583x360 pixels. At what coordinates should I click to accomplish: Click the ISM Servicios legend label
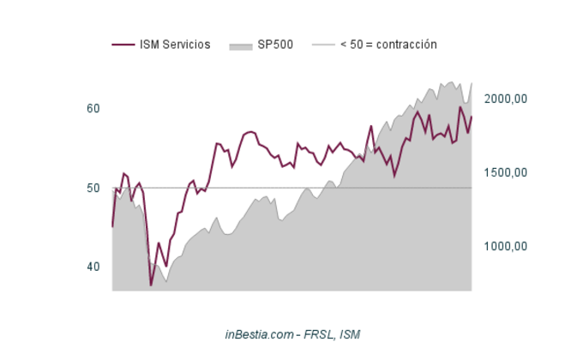coord(175,45)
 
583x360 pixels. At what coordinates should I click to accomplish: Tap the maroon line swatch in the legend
coord(123,45)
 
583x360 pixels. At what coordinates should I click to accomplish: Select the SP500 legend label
coord(274,45)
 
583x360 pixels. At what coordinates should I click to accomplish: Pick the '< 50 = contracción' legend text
coord(388,45)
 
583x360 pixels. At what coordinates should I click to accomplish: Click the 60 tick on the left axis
coord(93,109)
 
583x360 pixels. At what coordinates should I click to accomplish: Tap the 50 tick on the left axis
coord(93,188)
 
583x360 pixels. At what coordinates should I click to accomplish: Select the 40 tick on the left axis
coord(93,267)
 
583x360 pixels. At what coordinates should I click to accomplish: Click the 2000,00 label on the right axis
coord(505,99)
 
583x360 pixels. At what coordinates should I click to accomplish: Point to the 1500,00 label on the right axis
coord(505,172)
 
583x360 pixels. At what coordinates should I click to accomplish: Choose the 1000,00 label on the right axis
coord(505,247)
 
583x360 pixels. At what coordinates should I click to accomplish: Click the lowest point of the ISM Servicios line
coord(151,285)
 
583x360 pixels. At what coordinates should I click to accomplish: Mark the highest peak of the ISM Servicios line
coord(460,107)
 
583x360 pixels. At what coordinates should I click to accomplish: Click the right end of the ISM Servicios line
coord(472,117)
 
